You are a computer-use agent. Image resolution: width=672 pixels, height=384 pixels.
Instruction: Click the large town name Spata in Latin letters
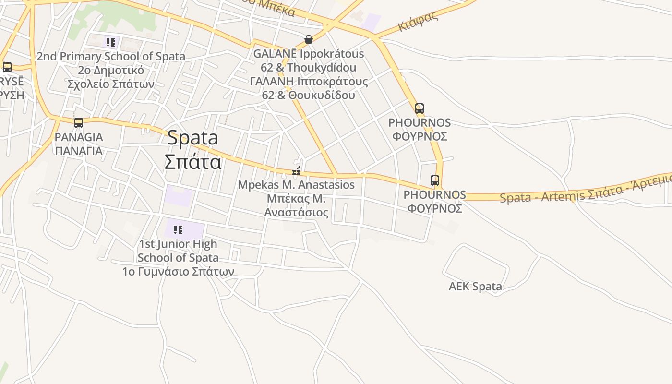tap(192, 138)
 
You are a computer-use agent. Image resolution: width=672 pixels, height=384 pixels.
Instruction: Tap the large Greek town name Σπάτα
tap(192, 161)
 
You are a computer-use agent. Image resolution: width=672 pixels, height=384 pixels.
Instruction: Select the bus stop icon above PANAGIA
tap(79, 123)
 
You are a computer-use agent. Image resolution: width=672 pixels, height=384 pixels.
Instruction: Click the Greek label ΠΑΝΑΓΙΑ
tap(78, 151)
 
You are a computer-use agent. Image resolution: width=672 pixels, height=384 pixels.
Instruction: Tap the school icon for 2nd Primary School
tap(111, 42)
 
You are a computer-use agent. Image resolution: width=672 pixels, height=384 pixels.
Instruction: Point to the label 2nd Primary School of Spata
tap(111, 56)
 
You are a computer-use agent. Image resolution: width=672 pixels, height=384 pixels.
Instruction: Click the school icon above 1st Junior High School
tap(178, 230)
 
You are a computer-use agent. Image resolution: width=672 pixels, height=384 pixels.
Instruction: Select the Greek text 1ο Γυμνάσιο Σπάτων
tap(178, 272)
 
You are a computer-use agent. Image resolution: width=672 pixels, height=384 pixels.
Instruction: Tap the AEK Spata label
tap(475, 287)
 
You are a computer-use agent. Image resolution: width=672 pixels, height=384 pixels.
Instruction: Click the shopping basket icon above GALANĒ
tap(309, 39)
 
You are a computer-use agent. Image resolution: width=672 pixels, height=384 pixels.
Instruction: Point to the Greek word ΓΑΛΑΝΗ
tap(272, 81)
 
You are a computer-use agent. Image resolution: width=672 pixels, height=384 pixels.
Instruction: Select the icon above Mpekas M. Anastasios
tap(296, 171)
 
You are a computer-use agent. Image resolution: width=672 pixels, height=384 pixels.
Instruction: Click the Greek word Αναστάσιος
tap(296, 213)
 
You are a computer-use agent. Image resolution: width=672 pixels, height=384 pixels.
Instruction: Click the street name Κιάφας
tap(418, 21)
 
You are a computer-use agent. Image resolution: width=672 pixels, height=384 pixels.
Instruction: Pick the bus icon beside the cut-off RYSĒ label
tap(7, 67)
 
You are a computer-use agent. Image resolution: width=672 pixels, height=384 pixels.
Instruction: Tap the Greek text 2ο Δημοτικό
tap(111, 70)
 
